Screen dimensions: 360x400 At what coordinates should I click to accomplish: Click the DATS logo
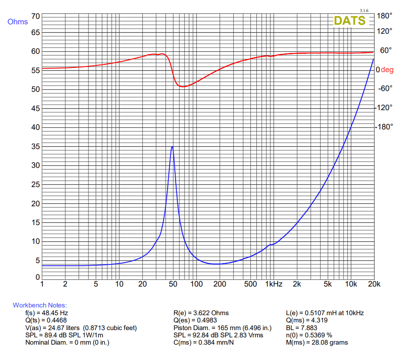click(349, 20)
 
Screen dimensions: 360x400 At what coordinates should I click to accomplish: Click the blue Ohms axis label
click(18, 22)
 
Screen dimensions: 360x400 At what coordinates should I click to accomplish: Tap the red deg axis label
click(387, 70)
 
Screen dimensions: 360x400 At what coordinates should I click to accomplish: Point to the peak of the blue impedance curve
click(172, 147)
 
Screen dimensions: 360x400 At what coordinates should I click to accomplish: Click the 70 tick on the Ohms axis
click(35, 16)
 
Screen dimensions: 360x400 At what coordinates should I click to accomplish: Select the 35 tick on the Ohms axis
click(35, 146)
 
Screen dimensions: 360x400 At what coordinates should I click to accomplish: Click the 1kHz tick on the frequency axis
click(274, 284)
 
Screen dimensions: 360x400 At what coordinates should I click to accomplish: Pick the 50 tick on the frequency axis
click(174, 284)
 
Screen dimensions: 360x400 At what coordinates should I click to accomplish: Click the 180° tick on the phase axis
click(384, 16)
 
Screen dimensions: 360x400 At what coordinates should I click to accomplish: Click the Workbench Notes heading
click(40, 305)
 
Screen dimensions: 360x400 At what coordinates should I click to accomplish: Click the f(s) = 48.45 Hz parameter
click(47, 313)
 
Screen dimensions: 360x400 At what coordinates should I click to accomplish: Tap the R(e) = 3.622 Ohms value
click(201, 313)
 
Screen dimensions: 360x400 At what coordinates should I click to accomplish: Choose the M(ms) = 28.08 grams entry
click(317, 342)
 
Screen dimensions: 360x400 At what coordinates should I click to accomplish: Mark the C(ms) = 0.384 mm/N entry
click(204, 342)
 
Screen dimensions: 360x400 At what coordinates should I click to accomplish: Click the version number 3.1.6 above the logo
click(364, 10)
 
